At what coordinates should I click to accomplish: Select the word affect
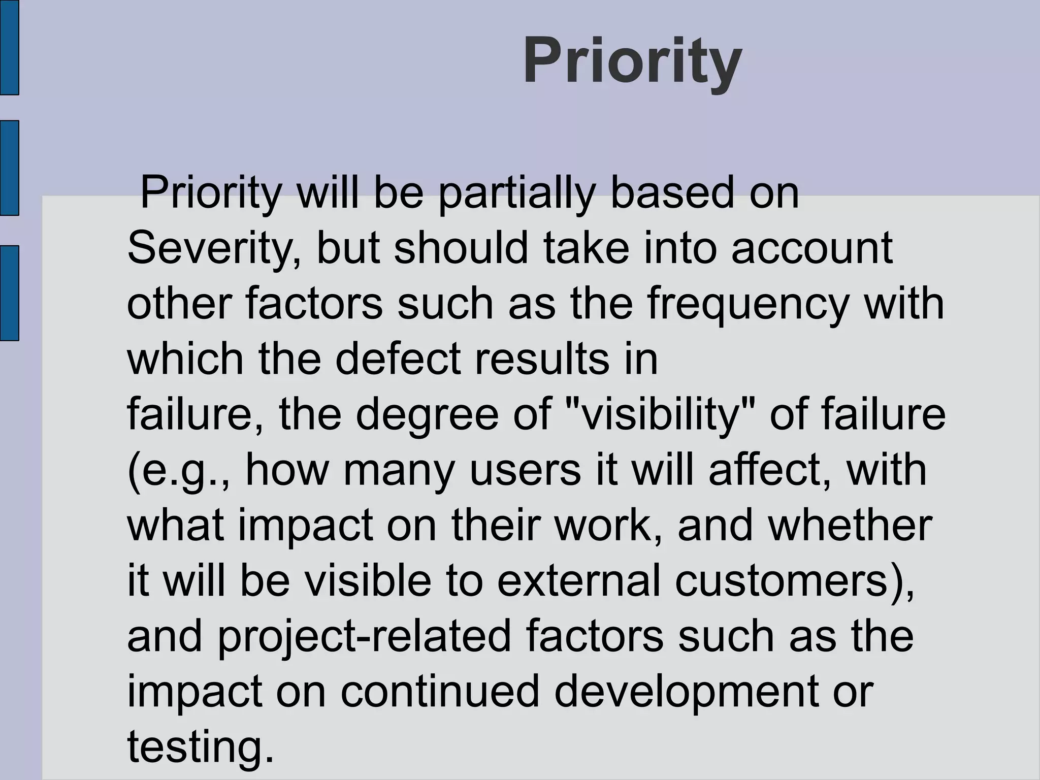(x=770, y=469)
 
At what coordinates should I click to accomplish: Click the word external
(x=579, y=580)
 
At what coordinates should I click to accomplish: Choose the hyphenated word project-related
(x=364, y=637)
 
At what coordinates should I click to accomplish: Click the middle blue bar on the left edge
(x=9, y=168)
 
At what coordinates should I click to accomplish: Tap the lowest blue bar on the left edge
(x=9, y=293)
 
